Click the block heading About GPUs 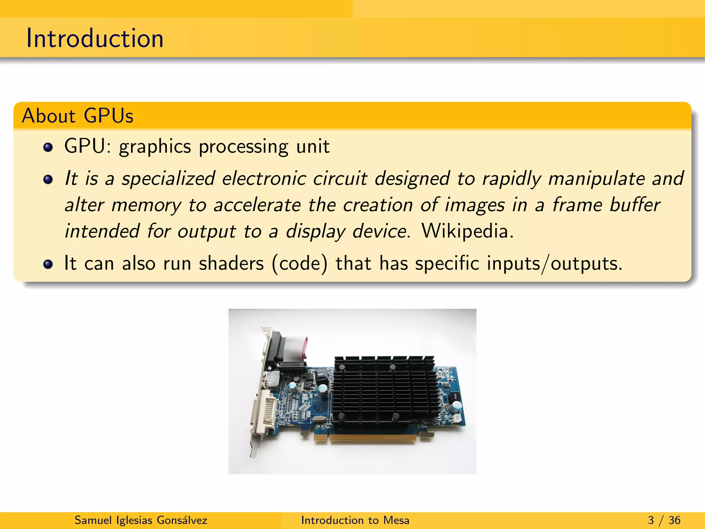77,116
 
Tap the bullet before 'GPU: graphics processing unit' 48,147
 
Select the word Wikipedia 467,231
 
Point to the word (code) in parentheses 299,263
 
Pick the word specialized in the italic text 168,179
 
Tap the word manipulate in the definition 596,179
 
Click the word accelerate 257,205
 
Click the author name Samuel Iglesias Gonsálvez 141,520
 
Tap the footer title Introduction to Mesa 355,520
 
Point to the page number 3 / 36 664,520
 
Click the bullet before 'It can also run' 48,264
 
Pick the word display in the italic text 315,231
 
